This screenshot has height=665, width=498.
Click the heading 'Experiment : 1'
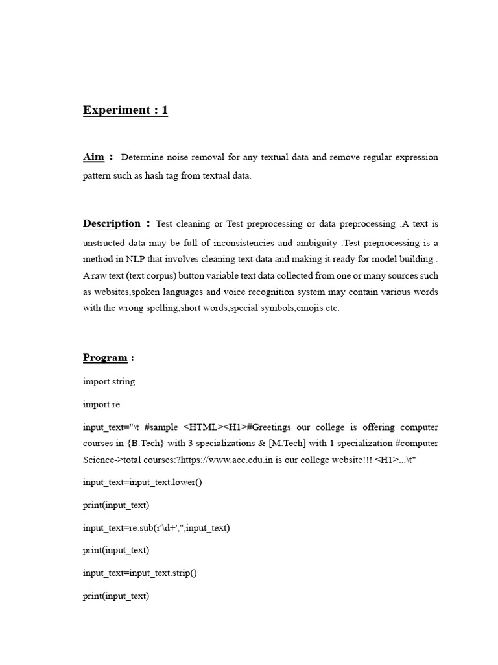coord(125,110)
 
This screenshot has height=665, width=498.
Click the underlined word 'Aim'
coord(93,157)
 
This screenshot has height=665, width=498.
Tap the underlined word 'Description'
coord(112,224)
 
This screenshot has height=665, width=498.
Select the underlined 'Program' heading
coord(105,358)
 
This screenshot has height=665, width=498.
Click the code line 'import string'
coord(109,381)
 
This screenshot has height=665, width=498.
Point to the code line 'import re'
coord(101,404)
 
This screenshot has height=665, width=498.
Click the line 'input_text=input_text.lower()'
coord(143,482)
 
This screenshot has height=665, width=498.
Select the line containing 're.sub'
coord(156,527)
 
